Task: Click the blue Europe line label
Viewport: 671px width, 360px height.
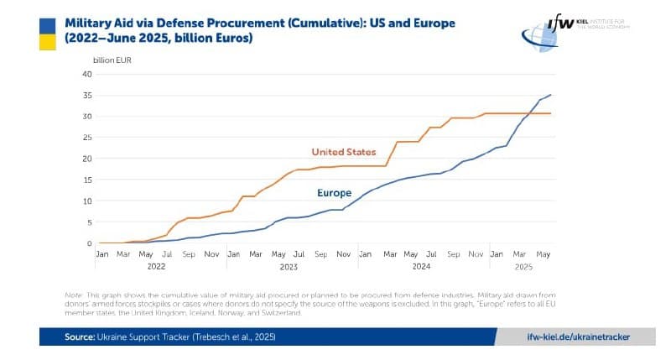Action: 334,193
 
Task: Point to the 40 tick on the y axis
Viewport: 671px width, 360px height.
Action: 86,74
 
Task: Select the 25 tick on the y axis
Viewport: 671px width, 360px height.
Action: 86,138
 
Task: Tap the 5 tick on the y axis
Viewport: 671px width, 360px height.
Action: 89,222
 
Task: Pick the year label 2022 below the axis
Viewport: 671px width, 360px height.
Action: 156,266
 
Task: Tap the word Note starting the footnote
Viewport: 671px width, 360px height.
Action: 74,295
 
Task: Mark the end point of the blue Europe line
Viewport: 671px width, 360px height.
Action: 551,95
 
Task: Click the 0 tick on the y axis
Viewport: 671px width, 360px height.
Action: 89,243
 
